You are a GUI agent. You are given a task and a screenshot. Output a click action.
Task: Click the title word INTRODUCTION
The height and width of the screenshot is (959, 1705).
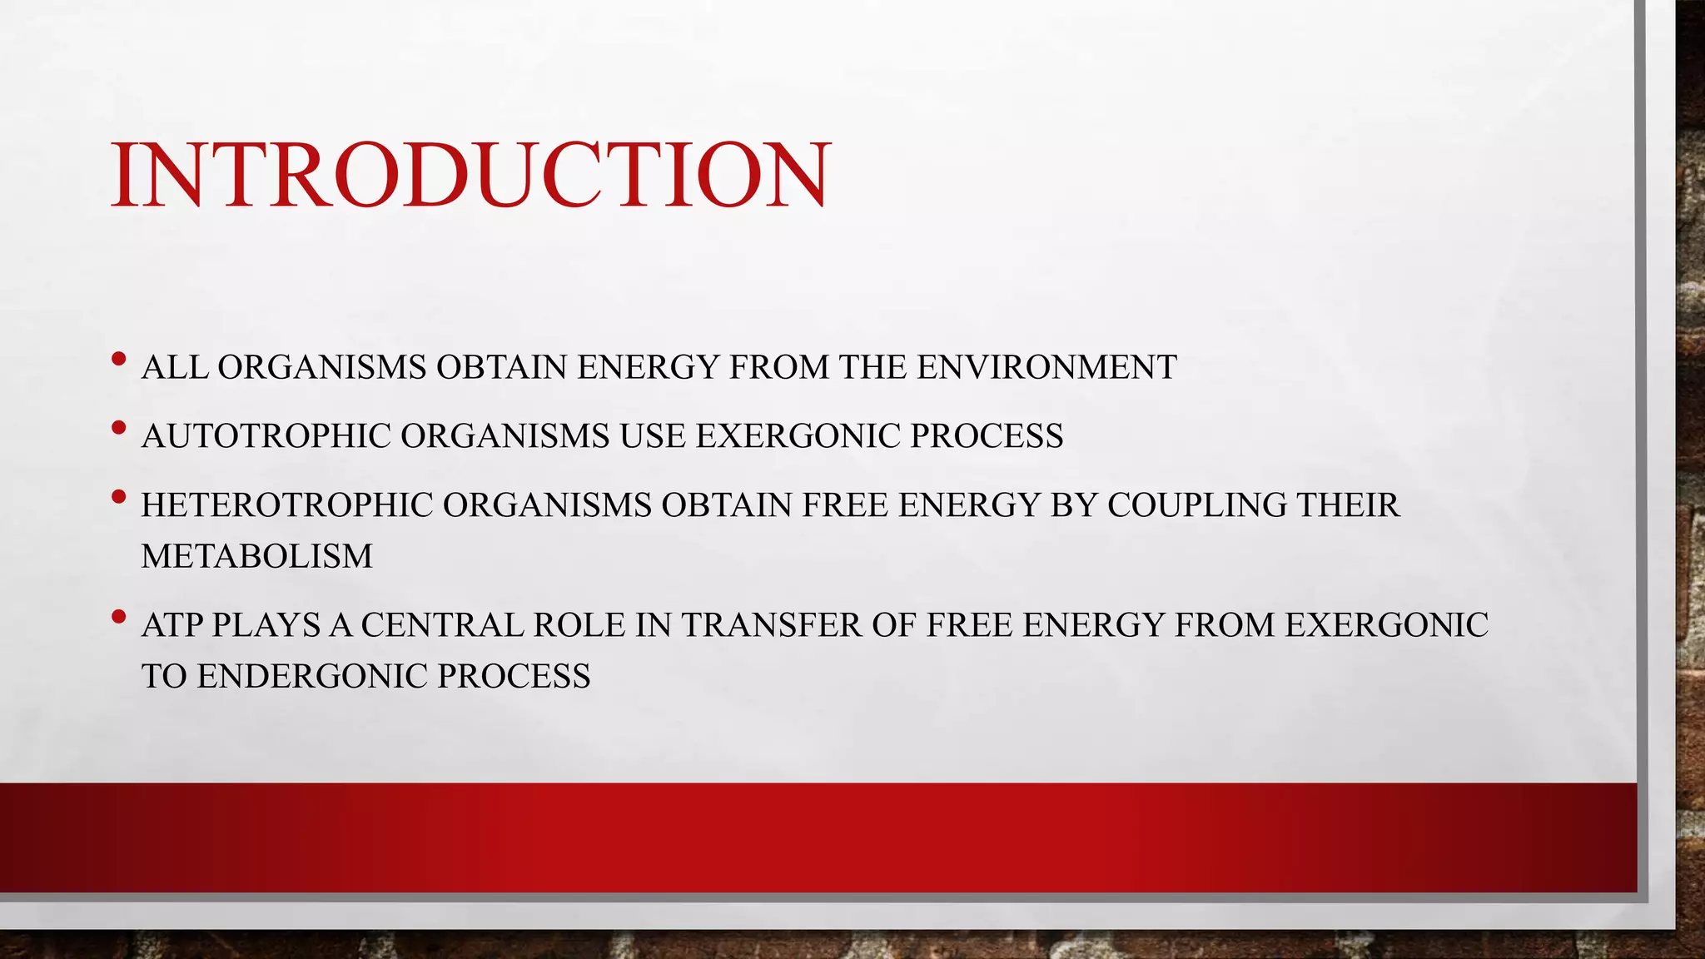(470, 175)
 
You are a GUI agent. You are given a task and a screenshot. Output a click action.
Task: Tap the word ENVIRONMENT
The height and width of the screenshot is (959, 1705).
(1046, 367)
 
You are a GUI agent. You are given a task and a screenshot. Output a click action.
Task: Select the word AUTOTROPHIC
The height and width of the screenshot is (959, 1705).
(266, 436)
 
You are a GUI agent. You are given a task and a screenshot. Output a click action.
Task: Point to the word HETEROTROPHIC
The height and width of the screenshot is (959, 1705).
(286, 505)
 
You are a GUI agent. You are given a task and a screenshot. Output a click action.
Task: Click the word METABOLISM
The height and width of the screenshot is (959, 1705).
(257, 556)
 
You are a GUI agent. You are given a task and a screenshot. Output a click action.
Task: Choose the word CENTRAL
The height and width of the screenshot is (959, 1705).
(441, 625)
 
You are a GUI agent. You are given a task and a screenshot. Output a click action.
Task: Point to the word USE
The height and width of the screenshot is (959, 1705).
(653, 436)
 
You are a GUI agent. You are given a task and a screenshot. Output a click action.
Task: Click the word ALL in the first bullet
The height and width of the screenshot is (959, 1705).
(174, 367)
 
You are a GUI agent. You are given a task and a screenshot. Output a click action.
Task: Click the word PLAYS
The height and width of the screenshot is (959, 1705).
(266, 625)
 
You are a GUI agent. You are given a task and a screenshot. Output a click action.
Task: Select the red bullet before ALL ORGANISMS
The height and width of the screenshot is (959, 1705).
(118, 360)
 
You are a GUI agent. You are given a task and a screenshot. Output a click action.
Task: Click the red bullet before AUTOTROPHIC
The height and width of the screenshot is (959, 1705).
(118, 429)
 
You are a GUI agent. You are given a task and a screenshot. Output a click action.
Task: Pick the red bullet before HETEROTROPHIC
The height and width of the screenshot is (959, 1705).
(118, 498)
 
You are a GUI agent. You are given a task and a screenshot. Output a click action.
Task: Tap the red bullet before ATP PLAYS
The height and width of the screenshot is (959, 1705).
(118, 617)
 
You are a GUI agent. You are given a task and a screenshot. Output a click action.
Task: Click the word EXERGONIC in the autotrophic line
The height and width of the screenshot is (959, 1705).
(798, 436)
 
